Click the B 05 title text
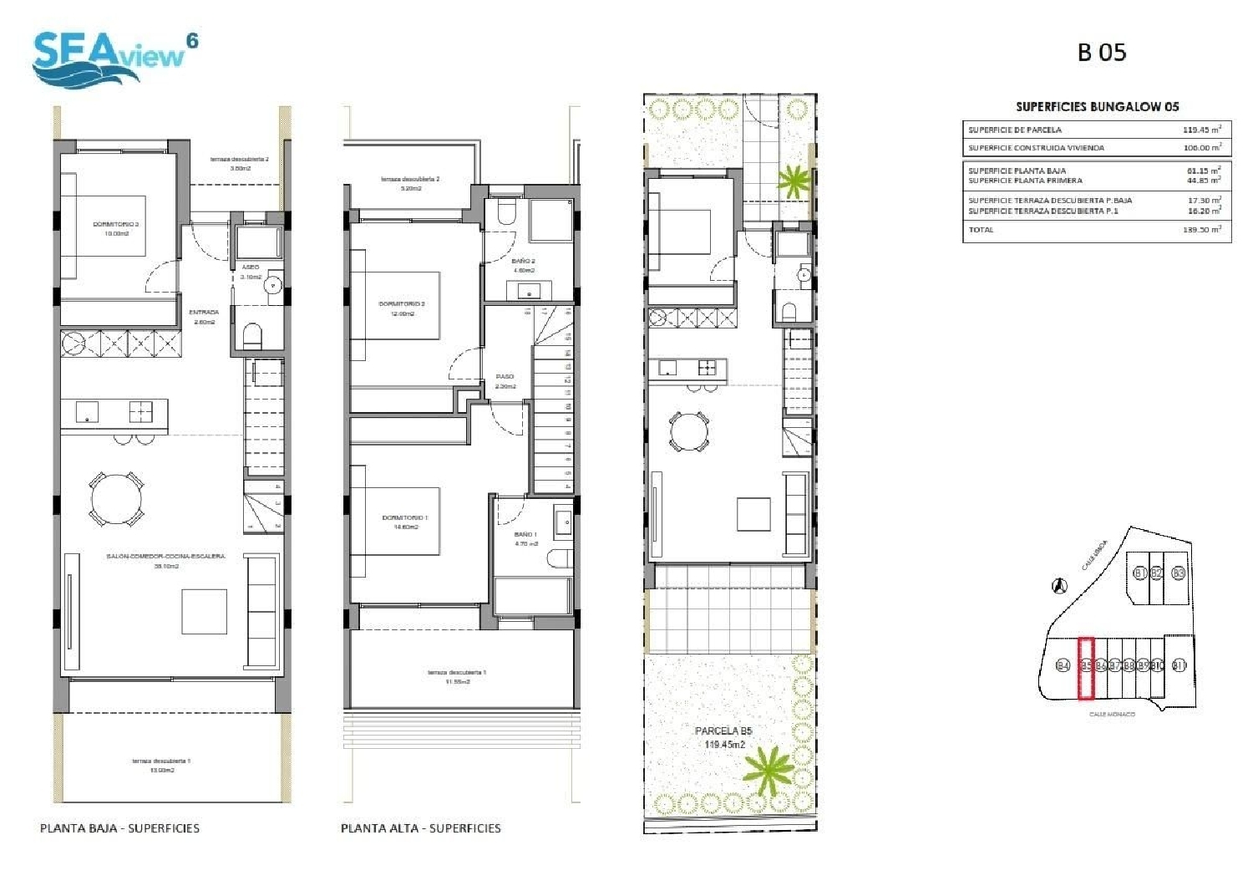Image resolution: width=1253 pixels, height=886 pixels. click(x=1101, y=53)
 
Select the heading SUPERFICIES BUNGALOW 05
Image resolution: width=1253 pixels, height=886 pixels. click(x=1097, y=107)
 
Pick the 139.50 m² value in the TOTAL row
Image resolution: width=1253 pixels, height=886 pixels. click(x=1201, y=230)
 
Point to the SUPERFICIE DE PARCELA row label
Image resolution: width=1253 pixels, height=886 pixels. click(x=1015, y=130)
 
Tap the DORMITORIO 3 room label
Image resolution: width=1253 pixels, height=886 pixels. click(x=115, y=225)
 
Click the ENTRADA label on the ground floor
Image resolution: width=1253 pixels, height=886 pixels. click(x=204, y=313)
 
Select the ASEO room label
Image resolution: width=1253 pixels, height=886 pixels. click(x=250, y=267)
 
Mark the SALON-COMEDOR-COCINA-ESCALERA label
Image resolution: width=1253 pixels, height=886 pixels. click(x=165, y=556)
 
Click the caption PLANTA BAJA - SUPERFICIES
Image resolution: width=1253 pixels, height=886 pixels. click(x=119, y=828)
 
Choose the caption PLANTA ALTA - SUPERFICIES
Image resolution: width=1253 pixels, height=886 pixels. click(x=420, y=828)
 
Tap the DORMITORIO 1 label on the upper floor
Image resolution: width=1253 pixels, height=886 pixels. click(x=404, y=518)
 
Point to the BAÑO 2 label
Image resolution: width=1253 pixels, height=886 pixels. click(x=524, y=262)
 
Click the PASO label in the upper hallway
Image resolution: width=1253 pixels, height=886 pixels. click(x=505, y=377)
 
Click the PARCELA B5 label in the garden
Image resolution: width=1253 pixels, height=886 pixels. click(x=723, y=731)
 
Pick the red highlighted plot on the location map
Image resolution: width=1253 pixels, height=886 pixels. click(x=1086, y=668)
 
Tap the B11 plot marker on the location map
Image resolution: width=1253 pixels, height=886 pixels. click(x=1179, y=666)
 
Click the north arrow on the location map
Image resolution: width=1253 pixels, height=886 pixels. click(x=1058, y=586)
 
